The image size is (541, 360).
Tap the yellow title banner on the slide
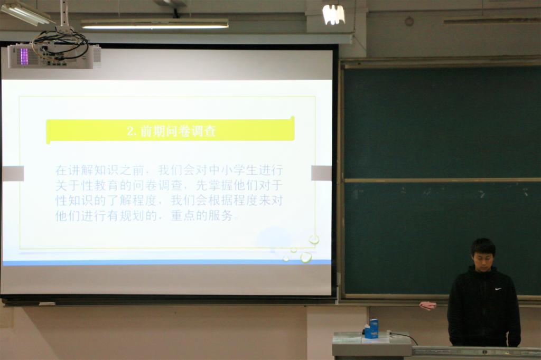[170, 130]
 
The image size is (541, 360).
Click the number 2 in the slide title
[130, 131]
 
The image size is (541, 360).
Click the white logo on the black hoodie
[498, 289]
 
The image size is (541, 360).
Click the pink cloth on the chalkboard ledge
[428, 305]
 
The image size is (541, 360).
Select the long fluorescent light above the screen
[155, 24]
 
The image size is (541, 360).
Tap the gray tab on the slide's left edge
[13, 173]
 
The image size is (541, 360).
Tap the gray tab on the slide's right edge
[321, 173]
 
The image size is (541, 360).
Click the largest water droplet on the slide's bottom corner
[306, 257]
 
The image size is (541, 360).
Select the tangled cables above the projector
[59, 41]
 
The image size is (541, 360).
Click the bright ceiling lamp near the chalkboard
[334, 14]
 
